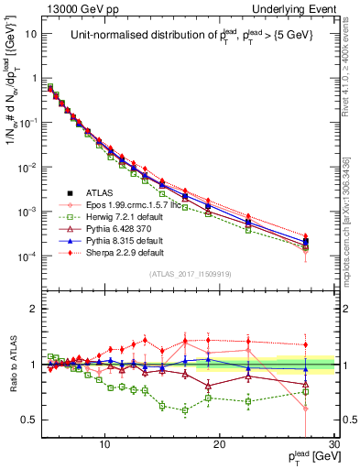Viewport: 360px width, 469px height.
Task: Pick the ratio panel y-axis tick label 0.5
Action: (x=30, y=420)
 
